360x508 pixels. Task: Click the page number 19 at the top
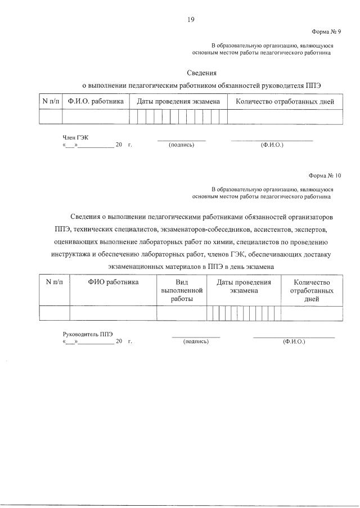click(191, 20)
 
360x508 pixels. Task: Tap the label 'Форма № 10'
click(325, 176)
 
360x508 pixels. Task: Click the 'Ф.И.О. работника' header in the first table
click(95, 102)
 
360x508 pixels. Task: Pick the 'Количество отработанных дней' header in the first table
click(285, 102)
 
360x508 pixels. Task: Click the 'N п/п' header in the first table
click(51, 102)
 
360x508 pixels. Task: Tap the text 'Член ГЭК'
click(75, 137)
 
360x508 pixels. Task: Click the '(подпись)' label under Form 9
click(181, 145)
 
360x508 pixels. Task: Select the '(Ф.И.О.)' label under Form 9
click(272, 145)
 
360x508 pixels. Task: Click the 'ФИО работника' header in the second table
click(113, 282)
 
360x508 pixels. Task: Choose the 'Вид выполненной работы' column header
click(181, 291)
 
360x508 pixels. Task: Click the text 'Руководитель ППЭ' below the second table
click(84, 334)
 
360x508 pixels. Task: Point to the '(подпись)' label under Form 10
click(196, 341)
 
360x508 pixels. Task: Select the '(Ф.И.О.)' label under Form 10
click(294, 341)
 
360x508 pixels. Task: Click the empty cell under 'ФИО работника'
click(113, 313)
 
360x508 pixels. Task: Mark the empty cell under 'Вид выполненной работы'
click(181, 313)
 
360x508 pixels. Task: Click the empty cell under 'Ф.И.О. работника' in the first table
click(95, 116)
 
